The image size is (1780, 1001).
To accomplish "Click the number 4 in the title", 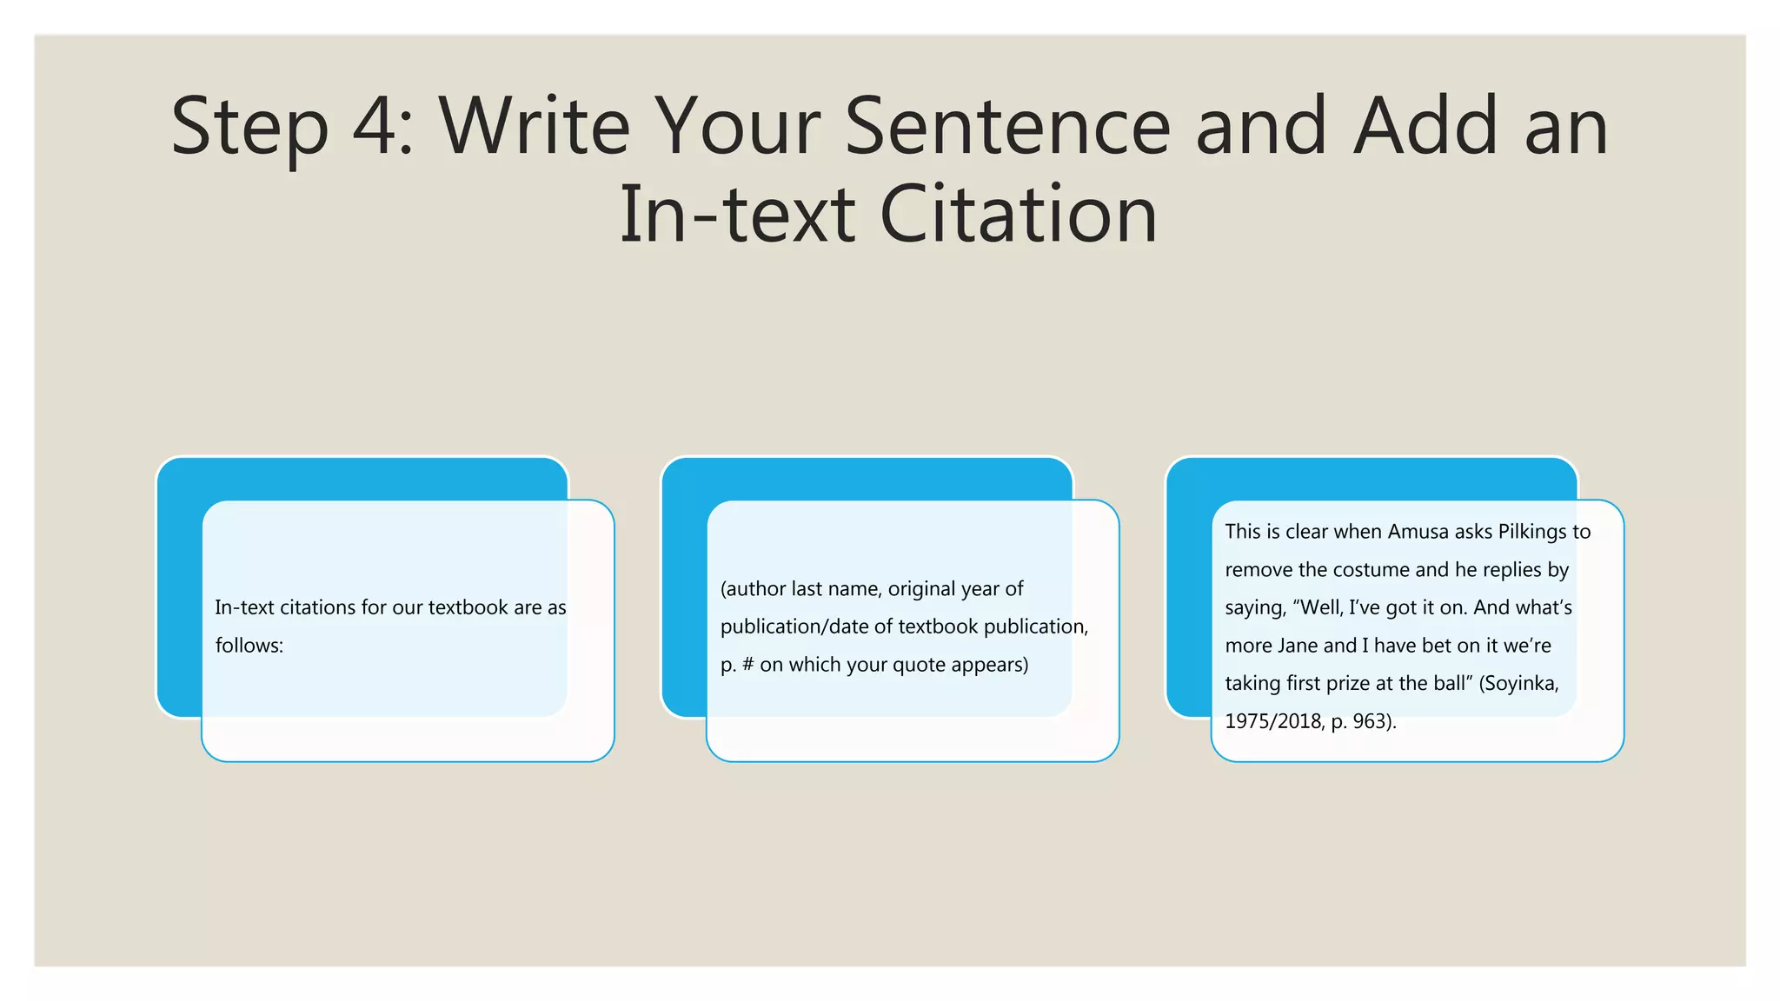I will click(x=375, y=127).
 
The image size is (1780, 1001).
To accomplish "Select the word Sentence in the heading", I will click(x=1007, y=127).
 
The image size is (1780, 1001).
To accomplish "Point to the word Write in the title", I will click(x=534, y=127).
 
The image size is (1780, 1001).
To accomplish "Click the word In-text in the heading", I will click(x=737, y=215).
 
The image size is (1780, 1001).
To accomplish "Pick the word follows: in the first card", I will click(x=249, y=646).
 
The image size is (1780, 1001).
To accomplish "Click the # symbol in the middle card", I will click(x=748, y=665).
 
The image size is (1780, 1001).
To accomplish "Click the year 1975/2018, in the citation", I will click(x=1274, y=721).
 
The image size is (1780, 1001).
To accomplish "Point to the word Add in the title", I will click(x=1425, y=127).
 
